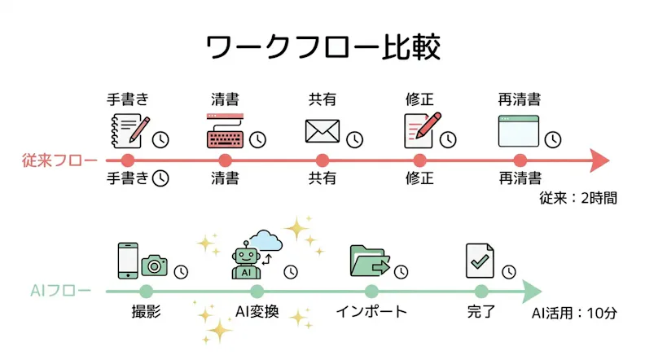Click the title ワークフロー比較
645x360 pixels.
tap(323, 47)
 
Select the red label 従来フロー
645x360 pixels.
tap(59, 160)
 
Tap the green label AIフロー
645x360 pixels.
tap(60, 291)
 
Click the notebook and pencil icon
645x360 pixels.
tap(130, 131)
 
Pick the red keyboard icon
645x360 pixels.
tap(225, 131)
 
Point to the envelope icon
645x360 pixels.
tap(322, 131)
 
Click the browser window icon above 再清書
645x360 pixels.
tap(518, 131)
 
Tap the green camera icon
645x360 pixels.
tap(154, 266)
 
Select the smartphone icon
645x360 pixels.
tap(128, 261)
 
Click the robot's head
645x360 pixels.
tap(246, 257)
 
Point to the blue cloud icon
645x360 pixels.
tap(265, 241)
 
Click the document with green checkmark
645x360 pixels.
tap(480, 261)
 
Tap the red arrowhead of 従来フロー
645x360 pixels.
tap(600, 160)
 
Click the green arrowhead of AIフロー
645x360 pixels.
tap(532, 292)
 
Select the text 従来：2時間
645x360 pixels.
tap(578, 198)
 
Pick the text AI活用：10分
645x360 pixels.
tap(574, 313)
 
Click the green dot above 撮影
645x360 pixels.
tap(146, 292)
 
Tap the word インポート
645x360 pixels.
tap(371, 311)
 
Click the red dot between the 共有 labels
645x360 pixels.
tap(322, 160)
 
